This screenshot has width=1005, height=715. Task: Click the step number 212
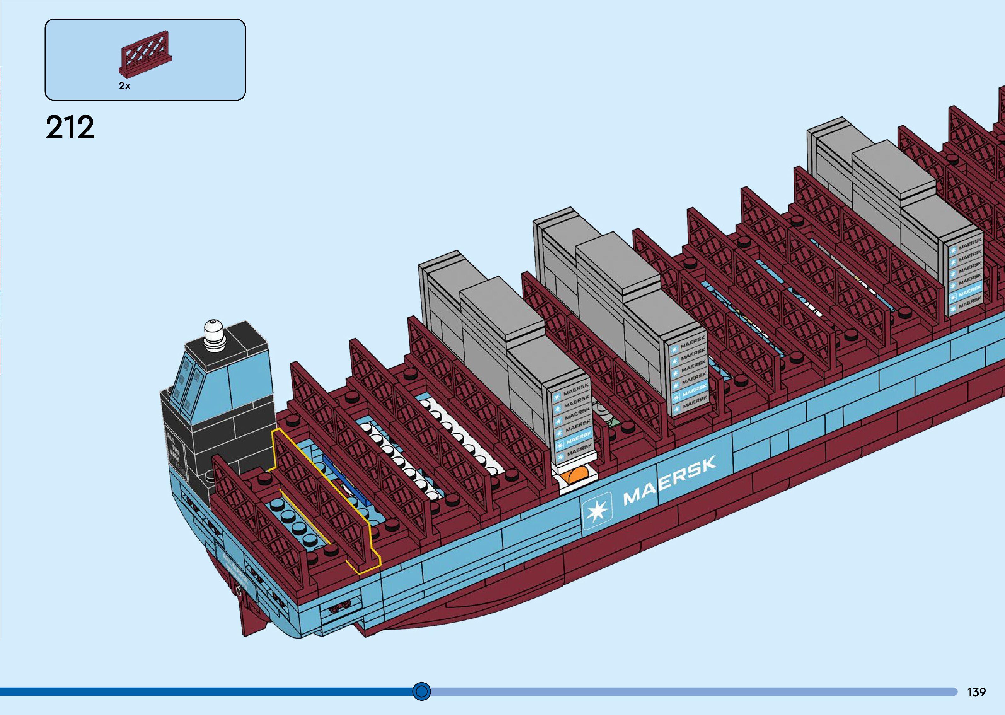[70, 127]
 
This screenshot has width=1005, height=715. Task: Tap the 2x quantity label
[124, 86]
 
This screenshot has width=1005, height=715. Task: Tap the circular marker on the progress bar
[422, 691]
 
